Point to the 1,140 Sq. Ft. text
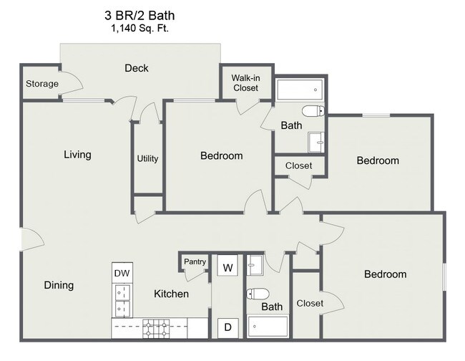point(142,29)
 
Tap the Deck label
point(136,68)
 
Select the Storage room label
point(42,84)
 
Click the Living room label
point(77,154)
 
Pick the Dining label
point(59,285)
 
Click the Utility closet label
point(147,158)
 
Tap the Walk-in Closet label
point(245,83)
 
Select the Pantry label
point(195,262)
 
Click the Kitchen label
point(172,294)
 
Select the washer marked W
point(228,267)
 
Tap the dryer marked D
point(228,327)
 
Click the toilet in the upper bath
point(313,110)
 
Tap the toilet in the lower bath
point(258,294)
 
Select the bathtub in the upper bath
point(300,90)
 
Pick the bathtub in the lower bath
point(268,327)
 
